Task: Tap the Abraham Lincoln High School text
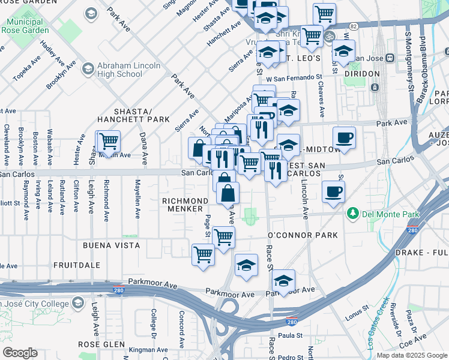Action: (x=120, y=70)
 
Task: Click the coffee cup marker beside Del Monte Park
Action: (x=333, y=191)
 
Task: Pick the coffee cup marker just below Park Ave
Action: (x=344, y=137)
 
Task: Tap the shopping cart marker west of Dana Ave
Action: (x=109, y=142)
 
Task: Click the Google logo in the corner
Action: (x=20, y=353)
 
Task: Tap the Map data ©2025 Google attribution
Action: (x=412, y=355)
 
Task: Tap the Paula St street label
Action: (x=289, y=336)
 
